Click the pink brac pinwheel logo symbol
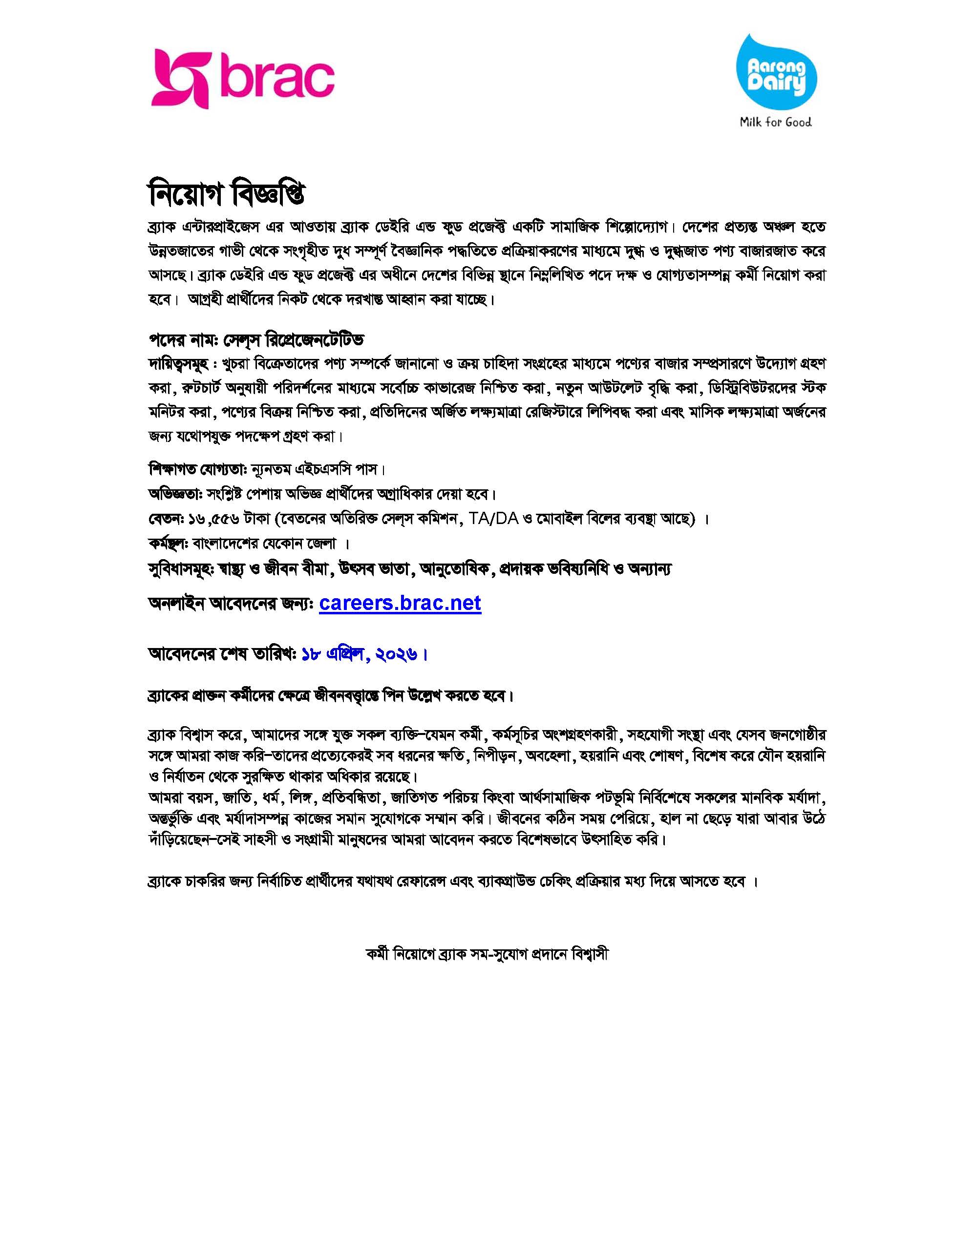click(179, 79)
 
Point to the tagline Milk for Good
click(776, 122)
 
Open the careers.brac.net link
click(400, 603)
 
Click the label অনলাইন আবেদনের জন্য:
click(231, 605)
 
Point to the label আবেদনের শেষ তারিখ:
click(222, 654)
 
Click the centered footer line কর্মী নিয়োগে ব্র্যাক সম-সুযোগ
click(487, 954)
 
